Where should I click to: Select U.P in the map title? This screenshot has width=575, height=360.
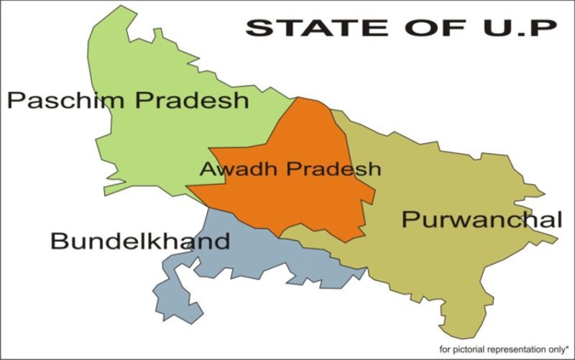click(513, 28)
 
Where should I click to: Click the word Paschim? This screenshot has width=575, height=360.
click(56, 100)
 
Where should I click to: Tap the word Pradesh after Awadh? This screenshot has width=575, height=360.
click(333, 170)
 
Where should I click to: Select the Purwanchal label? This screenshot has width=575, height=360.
click(481, 219)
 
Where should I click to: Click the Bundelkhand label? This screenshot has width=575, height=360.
click(140, 241)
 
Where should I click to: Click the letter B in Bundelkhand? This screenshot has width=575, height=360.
click(57, 241)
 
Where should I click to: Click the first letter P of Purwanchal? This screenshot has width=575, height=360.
click(409, 219)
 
